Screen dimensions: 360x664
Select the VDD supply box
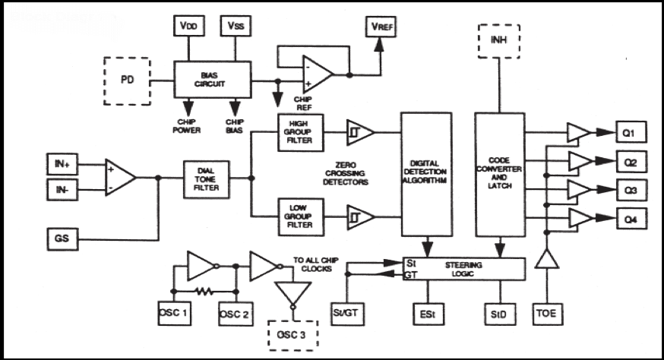[x=188, y=25]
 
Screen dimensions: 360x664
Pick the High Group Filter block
[x=301, y=133]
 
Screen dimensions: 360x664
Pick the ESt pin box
[x=427, y=312]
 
